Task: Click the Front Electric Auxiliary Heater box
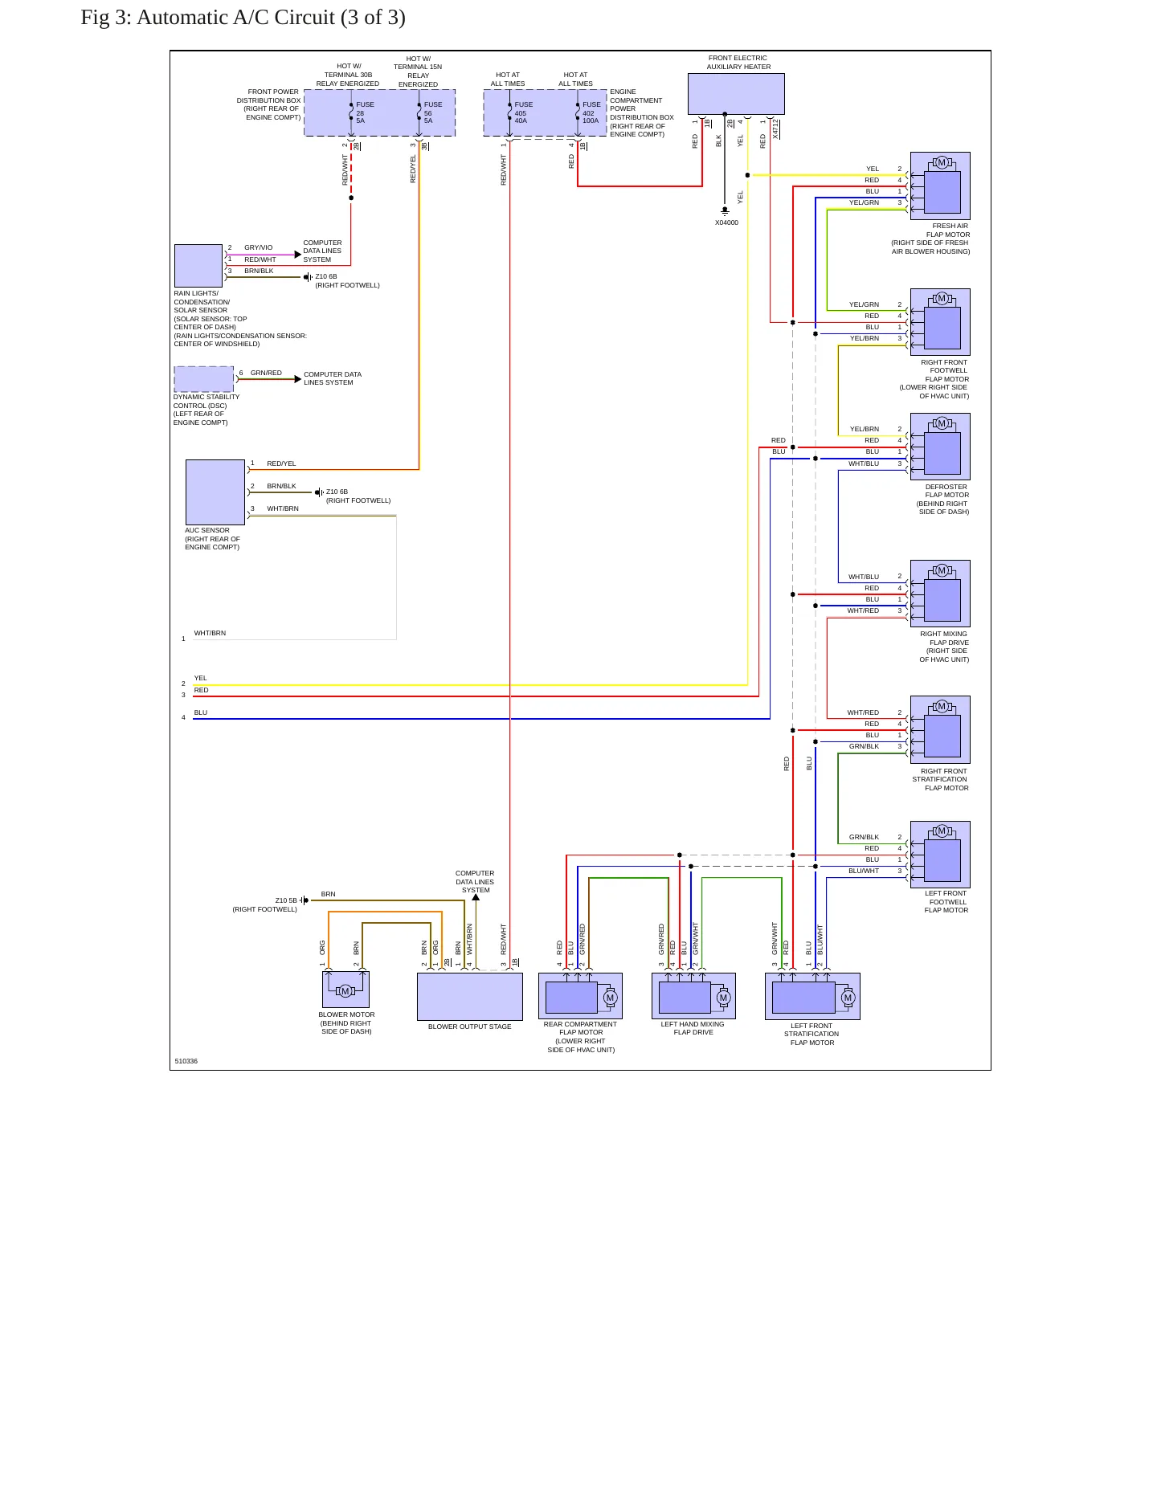point(736,94)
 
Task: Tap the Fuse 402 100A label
point(591,112)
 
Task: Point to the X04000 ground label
point(726,222)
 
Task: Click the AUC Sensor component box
point(215,492)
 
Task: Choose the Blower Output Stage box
point(470,997)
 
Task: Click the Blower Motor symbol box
point(345,990)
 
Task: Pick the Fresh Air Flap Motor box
point(940,186)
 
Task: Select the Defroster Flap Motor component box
point(940,447)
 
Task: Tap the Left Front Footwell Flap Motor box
point(940,855)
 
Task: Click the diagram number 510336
point(186,1061)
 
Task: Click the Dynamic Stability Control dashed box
point(204,379)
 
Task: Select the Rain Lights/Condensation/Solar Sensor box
point(198,266)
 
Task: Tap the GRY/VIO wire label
point(259,248)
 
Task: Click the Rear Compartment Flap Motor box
point(580,996)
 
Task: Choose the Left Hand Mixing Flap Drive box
point(693,996)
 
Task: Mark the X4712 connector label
point(775,129)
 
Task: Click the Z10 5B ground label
point(286,901)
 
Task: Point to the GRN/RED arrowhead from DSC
point(298,379)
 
